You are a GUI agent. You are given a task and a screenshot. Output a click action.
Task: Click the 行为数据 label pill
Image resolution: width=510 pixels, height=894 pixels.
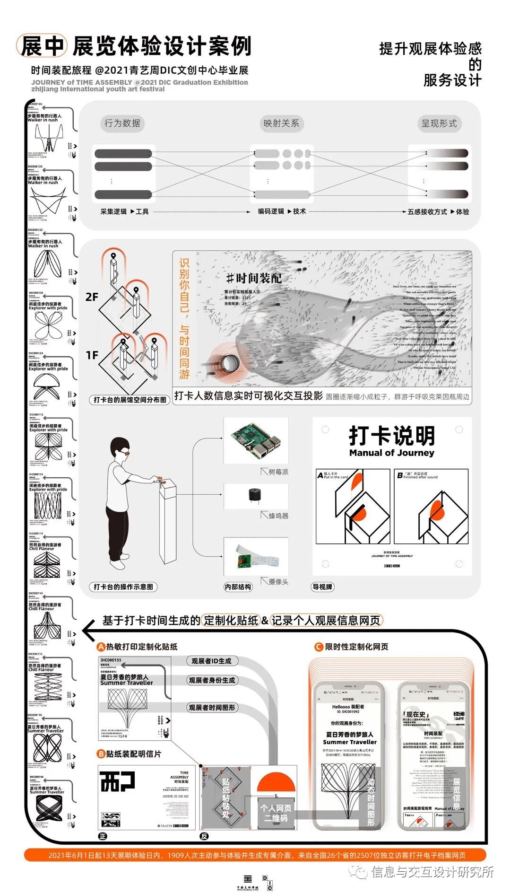point(122,123)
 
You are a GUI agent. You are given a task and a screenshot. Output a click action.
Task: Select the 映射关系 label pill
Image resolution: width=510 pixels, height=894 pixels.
point(281,123)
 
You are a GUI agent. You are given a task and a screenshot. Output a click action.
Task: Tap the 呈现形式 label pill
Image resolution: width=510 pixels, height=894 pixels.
point(439,123)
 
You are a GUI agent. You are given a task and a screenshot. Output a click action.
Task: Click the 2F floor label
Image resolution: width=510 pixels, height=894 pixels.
point(92,297)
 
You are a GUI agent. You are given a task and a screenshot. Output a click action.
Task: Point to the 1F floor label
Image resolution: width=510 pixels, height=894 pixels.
point(92,355)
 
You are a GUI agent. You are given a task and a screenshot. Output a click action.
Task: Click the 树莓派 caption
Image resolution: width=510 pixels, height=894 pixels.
point(278,472)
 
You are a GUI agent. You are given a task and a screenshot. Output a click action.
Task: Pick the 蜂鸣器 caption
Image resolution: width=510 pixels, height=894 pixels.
point(278,516)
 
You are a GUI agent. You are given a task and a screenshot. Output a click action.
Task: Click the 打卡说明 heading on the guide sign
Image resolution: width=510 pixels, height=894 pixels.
point(392,436)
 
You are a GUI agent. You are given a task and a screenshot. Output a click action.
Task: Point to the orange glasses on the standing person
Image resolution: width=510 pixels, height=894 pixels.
point(124,453)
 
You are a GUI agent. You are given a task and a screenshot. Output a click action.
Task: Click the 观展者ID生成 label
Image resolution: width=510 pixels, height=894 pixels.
point(211,661)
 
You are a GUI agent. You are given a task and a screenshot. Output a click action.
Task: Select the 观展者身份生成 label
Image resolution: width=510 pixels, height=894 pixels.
point(211,680)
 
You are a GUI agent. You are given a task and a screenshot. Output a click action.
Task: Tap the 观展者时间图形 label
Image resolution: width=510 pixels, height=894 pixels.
point(211,708)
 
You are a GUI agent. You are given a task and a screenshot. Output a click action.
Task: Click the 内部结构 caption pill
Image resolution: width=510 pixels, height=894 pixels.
point(238,587)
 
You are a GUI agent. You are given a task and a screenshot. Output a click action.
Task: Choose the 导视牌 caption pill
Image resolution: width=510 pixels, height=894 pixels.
point(322,587)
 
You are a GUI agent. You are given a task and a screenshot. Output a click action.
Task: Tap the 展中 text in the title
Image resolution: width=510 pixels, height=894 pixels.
point(43,46)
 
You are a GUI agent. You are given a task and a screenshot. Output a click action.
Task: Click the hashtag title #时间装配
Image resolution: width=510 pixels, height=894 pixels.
point(254,278)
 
